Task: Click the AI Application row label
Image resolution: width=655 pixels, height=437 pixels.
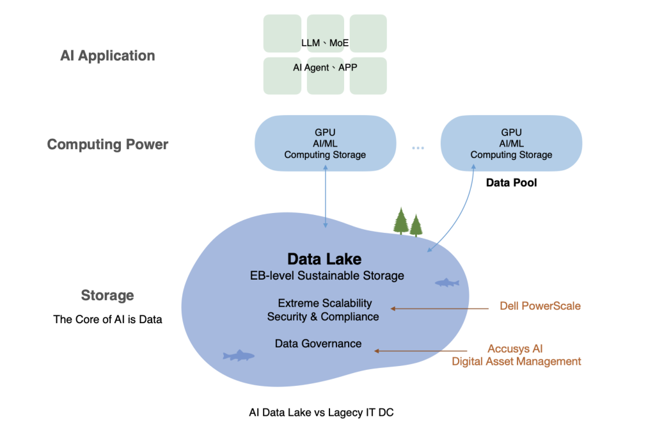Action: coord(107,56)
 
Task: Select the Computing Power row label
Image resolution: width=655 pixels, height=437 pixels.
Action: coord(107,145)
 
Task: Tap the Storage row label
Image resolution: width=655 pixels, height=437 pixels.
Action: coord(107,295)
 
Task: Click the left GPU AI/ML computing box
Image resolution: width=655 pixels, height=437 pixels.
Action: coord(325,143)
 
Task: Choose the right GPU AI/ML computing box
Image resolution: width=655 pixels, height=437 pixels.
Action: coord(511,143)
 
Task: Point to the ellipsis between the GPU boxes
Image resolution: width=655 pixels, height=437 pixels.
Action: coord(418,148)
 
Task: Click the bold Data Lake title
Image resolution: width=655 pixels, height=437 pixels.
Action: coord(324,259)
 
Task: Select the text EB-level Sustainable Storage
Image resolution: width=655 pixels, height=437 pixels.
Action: coord(327,276)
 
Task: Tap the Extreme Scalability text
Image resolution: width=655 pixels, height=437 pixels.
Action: coord(324,303)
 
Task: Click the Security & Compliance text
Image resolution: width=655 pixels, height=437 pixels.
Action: coord(323,317)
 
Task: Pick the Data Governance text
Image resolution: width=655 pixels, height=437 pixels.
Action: coord(318,344)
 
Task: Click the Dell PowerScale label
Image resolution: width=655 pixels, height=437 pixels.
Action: coord(540,306)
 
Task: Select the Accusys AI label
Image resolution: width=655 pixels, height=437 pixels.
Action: coord(515,349)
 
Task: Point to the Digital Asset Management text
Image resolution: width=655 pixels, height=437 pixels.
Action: coord(517,362)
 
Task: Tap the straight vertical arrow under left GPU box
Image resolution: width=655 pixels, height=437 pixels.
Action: coord(326,195)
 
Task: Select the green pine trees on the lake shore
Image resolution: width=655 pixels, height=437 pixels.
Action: coord(407,222)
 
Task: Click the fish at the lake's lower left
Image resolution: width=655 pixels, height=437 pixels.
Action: coord(239,355)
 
